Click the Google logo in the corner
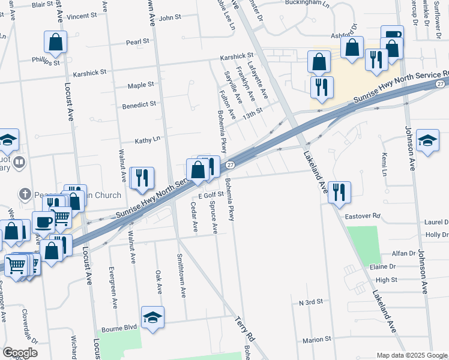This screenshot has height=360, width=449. click(20, 353)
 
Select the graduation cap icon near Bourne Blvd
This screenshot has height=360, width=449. click(152, 316)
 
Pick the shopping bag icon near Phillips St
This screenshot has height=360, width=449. click(55, 42)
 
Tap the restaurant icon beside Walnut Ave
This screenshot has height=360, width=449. click(142, 178)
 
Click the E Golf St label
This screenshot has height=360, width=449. click(211, 196)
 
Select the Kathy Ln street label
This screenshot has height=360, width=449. click(148, 139)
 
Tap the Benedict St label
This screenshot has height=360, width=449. click(139, 104)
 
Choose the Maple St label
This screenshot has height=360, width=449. click(140, 85)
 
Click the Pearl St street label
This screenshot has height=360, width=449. click(137, 42)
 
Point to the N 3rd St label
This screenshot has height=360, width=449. click(310, 302)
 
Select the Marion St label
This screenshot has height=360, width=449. click(317, 340)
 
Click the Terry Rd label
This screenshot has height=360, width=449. click(246, 329)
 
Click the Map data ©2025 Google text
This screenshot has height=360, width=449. click(411, 355)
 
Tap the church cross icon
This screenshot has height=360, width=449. click(25, 194)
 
